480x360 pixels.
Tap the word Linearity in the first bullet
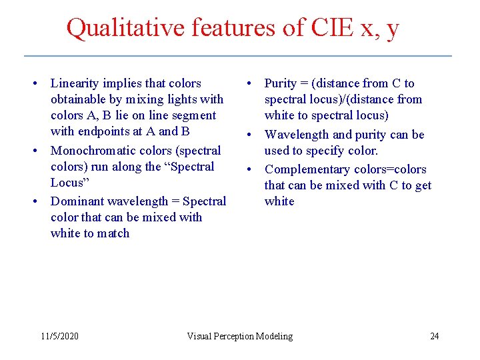[x=75, y=83]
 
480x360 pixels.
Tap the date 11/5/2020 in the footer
[x=59, y=336]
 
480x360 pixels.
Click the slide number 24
[x=434, y=336]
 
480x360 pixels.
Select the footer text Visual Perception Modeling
[x=239, y=336]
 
